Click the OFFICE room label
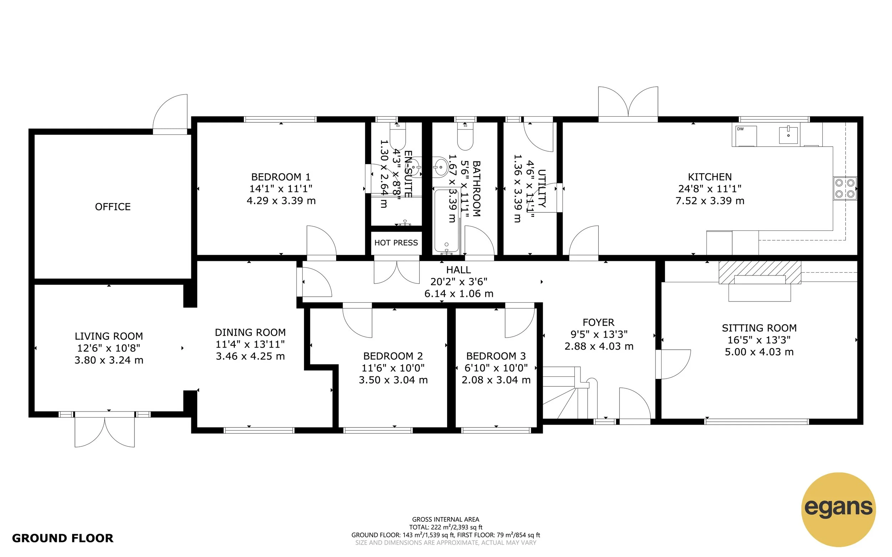click(113, 207)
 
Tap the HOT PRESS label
click(396, 243)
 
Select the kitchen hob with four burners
click(845, 188)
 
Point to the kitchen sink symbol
click(788, 135)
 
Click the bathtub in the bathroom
click(446, 220)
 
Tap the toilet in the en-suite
click(397, 137)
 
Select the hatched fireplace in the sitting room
click(759, 272)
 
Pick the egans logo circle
click(838, 509)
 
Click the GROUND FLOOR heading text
click(62, 538)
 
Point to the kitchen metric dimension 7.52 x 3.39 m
click(710, 201)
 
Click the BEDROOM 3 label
click(496, 356)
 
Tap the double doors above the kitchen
click(628, 103)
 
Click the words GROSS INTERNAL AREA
click(446, 520)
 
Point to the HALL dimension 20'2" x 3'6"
click(458, 282)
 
